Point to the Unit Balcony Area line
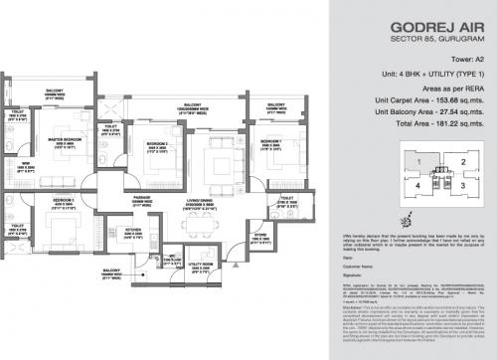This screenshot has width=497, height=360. (426, 115)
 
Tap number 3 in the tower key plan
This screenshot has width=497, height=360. (463, 185)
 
